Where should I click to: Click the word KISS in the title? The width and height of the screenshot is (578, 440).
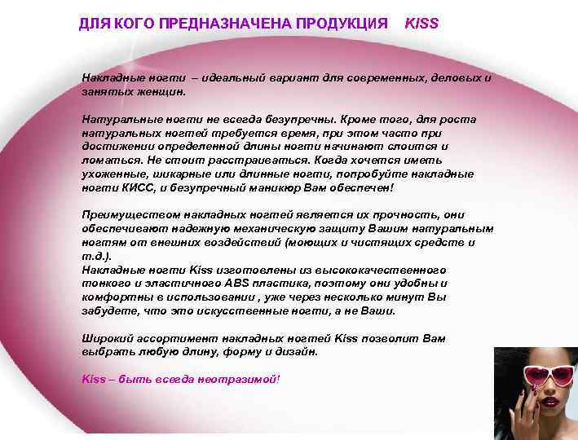pyautogui.click(x=421, y=24)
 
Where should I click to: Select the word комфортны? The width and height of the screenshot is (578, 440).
pyautogui.click(x=113, y=297)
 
